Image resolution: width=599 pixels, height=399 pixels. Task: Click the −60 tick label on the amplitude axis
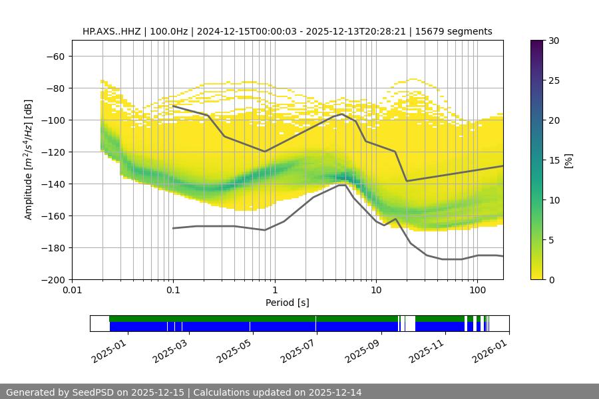[x=56, y=56]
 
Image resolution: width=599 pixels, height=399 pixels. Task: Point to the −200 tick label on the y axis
[x=53, y=279]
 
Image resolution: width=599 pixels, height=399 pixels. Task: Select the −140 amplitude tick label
[x=53, y=184]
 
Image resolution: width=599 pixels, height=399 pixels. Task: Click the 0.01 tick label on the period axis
[x=72, y=290]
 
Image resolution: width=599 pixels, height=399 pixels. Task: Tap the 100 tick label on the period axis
[x=477, y=290]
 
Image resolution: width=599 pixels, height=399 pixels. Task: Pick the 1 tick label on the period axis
[x=274, y=290]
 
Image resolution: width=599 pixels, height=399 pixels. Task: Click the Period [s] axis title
[x=288, y=303]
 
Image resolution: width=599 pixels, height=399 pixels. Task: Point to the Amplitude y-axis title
[x=29, y=160]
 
